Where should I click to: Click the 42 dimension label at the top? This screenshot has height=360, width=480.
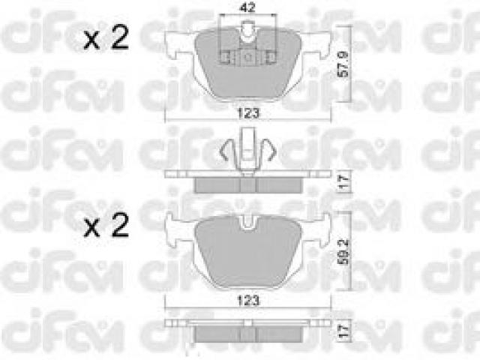(x=248, y=7)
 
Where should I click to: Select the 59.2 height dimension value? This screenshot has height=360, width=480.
(x=344, y=251)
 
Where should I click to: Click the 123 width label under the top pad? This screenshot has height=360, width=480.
(x=248, y=113)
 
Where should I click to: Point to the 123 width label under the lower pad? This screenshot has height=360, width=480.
(x=248, y=301)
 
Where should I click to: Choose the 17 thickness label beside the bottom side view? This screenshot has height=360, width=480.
(x=344, y=333)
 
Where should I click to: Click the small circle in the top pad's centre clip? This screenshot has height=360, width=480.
(x=249, y=57)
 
